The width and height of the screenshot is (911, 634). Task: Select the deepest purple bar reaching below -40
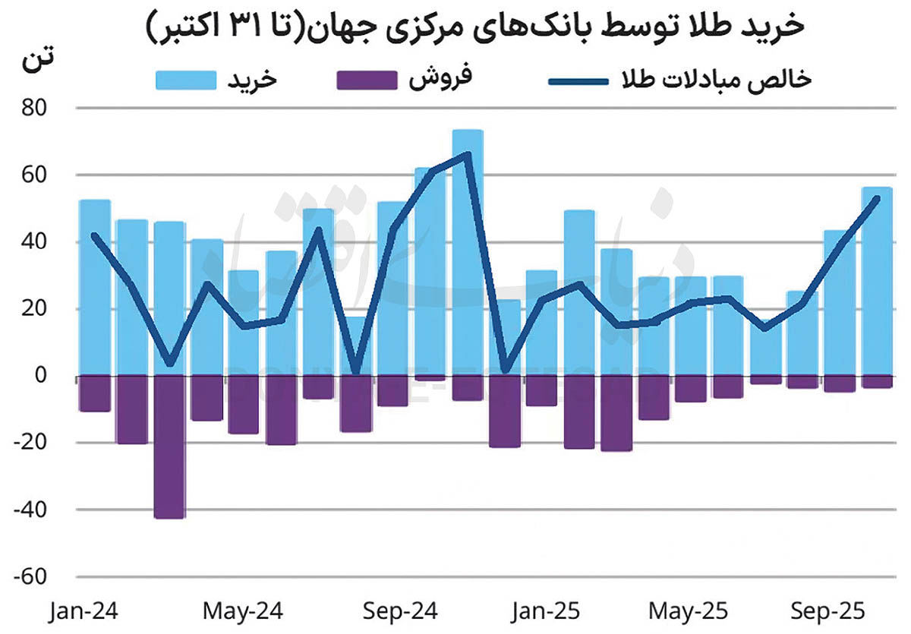169,448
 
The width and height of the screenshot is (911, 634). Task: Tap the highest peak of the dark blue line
467,154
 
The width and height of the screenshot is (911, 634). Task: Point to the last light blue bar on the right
877,281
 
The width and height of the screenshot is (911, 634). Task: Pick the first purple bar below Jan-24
95,393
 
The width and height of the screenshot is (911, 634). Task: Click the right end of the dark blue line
877,198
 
